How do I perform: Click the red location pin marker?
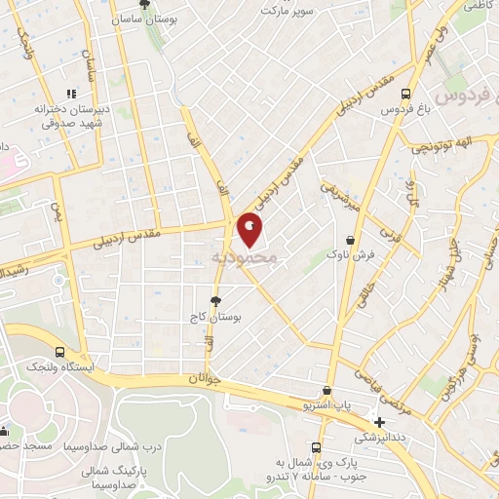click(250, 230)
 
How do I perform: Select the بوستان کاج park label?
click(215, 318)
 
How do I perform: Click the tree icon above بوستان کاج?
click(215, 301)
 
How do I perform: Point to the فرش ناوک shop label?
click(350, 253)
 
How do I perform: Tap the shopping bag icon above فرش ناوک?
click(350, 239)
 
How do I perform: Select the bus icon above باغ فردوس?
click(404, 94)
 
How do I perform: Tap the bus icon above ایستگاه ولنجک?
click(60, 352)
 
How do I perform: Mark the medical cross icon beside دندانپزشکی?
click(379, 421)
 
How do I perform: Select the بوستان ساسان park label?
click(144, 19)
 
